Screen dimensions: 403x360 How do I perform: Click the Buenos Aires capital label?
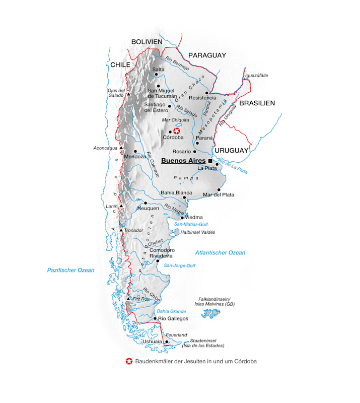[x=183, y=161]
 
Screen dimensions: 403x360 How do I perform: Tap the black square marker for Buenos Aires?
[x=210, y=161]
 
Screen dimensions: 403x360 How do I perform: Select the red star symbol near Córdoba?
[x=177, y=131]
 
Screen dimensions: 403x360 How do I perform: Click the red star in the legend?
[x=129, y=361]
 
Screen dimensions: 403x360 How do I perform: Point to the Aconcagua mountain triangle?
[x=121, y=148]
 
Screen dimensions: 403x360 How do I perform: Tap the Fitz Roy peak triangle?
[x=129, y=299]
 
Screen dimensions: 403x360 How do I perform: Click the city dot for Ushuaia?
[x=167, y=342]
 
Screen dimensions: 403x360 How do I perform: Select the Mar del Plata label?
[x=218, y=195]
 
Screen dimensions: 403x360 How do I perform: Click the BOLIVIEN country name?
[x=147, y=42]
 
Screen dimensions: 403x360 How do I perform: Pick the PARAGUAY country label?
[x=207, y=55]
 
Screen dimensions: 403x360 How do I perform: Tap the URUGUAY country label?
[x=232, y=151]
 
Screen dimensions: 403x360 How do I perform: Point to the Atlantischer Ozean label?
[x=220, y=253]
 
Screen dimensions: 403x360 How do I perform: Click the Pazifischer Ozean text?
[x=71, y=271]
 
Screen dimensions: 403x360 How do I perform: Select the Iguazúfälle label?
[x=256, y=76]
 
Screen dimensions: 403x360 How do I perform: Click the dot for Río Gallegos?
[x=155, y=318]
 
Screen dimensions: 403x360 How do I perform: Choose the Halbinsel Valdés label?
[x=197, y=232]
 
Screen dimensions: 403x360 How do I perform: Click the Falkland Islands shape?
[x=211, y=314]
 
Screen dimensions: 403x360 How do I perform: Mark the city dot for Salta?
[x=157, y=74]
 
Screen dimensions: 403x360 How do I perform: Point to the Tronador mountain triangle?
[x=121, y=230]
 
